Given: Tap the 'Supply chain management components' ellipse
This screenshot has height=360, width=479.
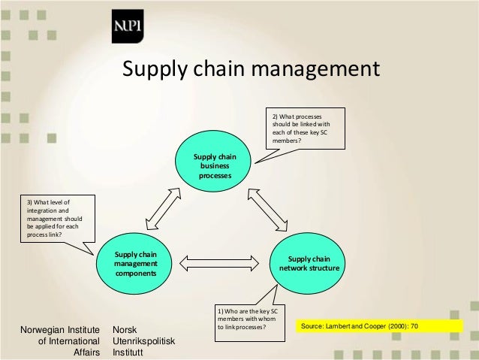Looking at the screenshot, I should click(x=135, y=264).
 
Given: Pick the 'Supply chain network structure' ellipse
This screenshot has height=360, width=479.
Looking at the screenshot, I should click(x=309, y=264).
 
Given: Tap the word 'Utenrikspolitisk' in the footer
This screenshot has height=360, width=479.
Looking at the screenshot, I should click(x=143, y=341).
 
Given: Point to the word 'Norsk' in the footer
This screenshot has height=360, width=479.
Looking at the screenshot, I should click(x=125, y=330).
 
